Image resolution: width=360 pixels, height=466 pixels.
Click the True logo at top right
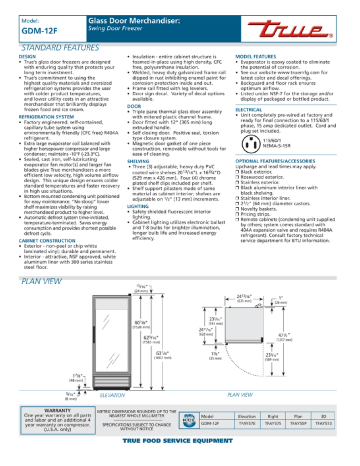(x=317, y=18)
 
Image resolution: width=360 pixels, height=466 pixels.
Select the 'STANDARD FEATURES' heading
(x=48, y=45)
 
